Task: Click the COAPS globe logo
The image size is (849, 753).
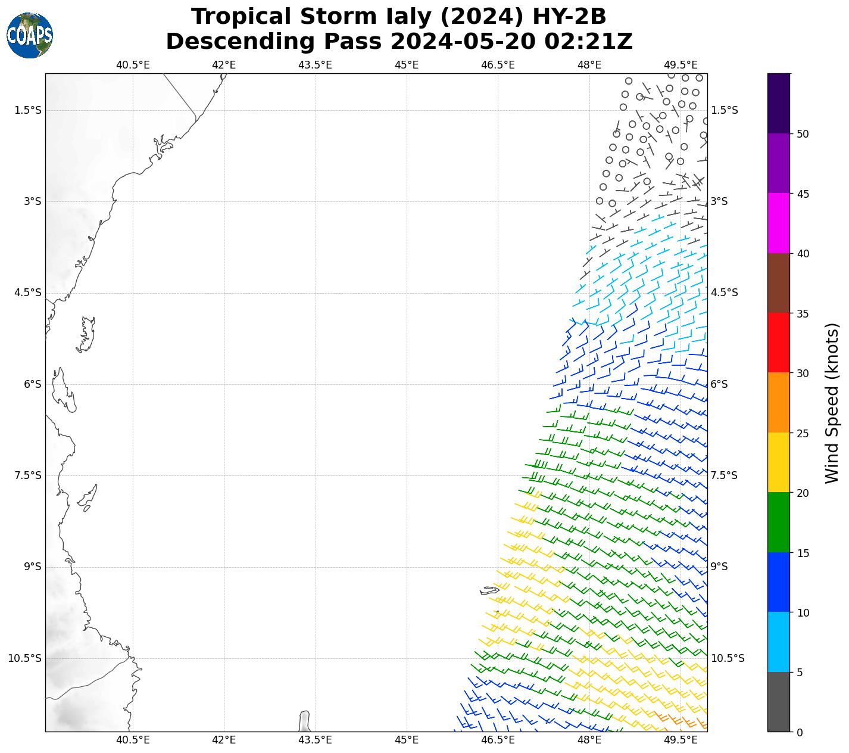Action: click(30, 35)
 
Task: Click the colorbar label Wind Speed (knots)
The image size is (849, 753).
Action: click(832, 403)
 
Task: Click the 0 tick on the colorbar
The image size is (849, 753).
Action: click(799, 732)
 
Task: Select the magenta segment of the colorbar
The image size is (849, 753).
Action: click(779, 223)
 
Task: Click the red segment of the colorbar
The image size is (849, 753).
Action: click(779, 343)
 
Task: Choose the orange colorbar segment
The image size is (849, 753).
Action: click(779, 403)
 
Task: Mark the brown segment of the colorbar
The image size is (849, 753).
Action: click(779, 283)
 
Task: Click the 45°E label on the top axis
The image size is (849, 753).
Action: click(407, 65)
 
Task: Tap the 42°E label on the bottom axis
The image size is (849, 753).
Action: click(224, 740)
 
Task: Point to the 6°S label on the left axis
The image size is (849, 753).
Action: click(33, 384)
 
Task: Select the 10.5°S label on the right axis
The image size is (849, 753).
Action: click(728, 658)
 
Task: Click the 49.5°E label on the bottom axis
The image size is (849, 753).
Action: click(681, 740)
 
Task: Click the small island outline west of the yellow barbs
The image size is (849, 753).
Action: click(489, 590)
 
